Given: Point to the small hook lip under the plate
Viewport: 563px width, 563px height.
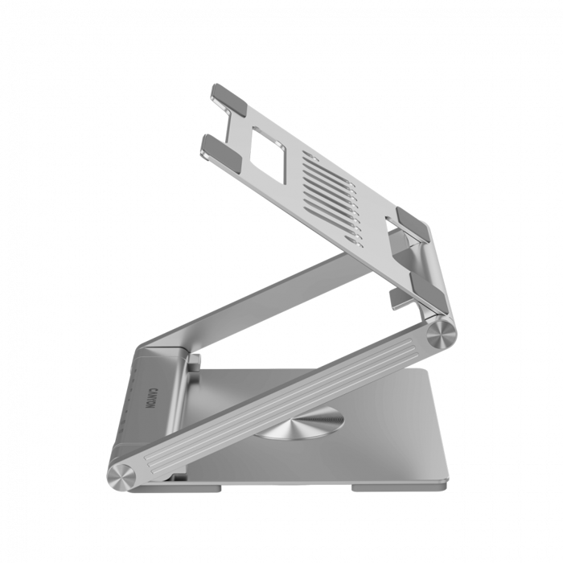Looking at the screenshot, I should pyautogui.click(x=401, y=298).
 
